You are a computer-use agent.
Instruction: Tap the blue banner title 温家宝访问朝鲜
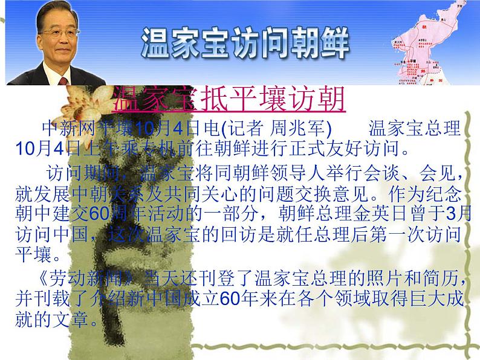(245, 41)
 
